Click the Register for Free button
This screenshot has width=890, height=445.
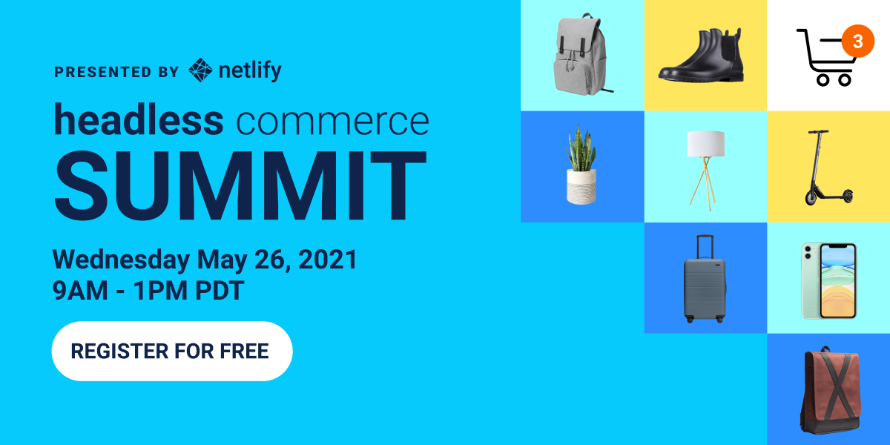[x=171, y=351]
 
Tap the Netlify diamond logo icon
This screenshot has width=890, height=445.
[x=200, y=70]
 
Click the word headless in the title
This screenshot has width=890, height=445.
[x=138, y=121]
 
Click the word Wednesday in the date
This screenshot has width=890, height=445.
[x=121, y=260]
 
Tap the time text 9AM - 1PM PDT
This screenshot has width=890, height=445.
[x=148, y=291]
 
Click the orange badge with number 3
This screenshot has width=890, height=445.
[x=857, y=42]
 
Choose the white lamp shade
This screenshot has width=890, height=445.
[x=705, y=144]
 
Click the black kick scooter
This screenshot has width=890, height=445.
[x=825, y=169]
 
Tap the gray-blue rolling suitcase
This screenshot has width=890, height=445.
[x=705, y=286]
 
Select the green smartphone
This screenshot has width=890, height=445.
[x=828, y=280]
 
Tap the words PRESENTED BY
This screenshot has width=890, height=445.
[x=116, y=72]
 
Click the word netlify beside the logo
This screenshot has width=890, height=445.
[x=250, y=71]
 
